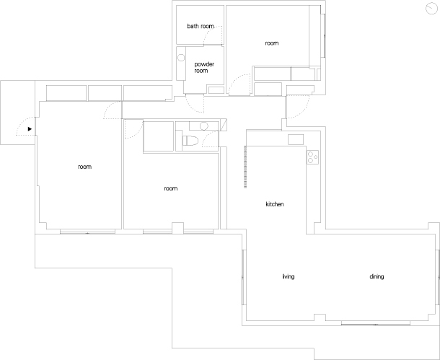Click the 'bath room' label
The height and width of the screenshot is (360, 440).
(x=201, y=26)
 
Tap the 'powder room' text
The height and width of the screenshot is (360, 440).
(x=204, y=67)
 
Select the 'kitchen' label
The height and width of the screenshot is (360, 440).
(x=275, y=204)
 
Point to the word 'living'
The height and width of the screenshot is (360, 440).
(x=289, y=276)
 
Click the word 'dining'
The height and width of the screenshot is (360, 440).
(x=377, y=276)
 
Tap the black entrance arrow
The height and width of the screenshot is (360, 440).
(x=30, y=129)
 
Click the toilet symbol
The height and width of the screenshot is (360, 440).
(x=190, y=141)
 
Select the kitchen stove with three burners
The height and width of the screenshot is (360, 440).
(x=312, y=157)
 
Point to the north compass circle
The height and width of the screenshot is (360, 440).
(x=431, y=8)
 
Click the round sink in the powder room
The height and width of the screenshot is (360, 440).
(x=181, y=58)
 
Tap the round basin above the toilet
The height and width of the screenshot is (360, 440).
(x=204, y=126)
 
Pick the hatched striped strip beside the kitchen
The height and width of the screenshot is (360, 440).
(x=245, y=167)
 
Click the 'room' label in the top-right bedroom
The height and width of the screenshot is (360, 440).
(x=272, y=43)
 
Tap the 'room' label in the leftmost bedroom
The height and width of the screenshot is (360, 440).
(x=84, y=167)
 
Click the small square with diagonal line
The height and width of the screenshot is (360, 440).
(x=224, y=125)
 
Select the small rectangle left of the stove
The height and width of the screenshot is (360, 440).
(x=296, y=139)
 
